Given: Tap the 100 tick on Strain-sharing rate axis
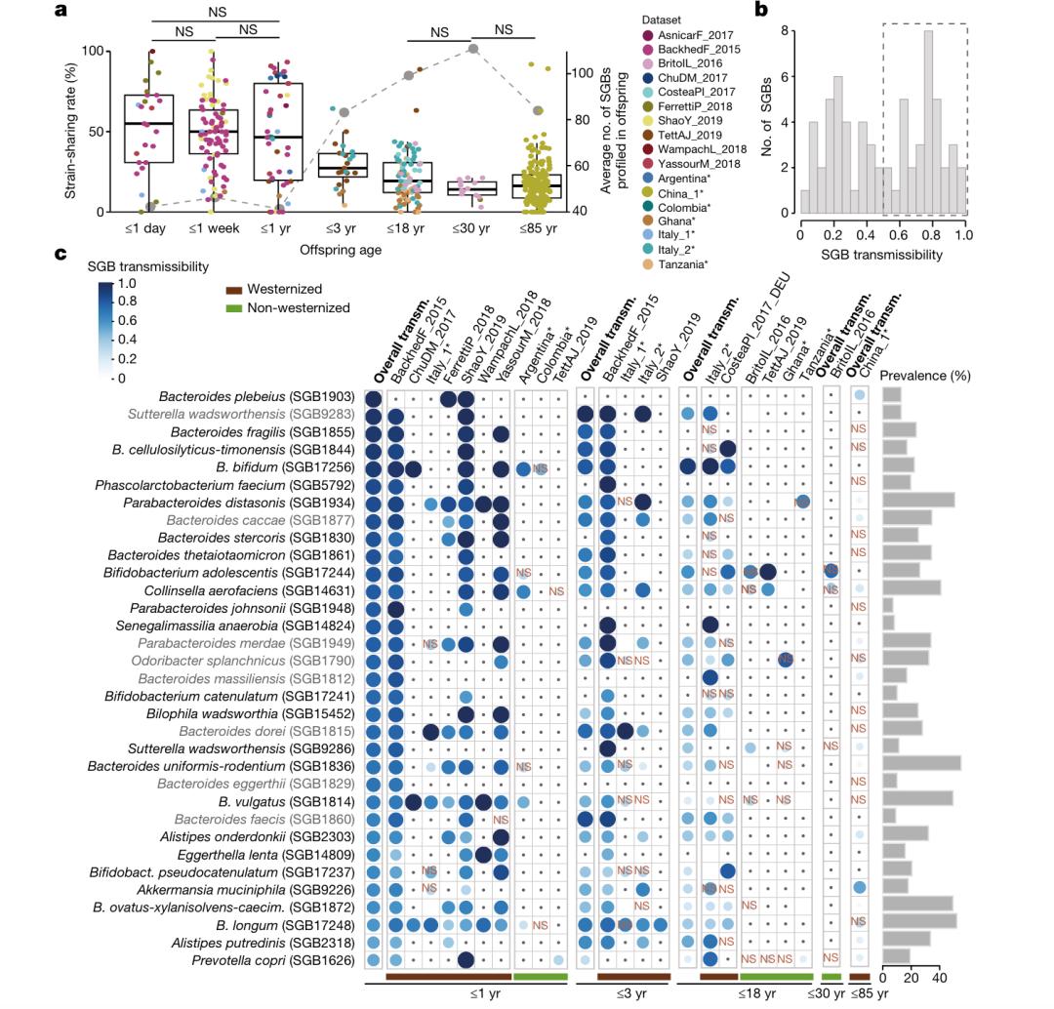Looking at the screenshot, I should coord(95,50).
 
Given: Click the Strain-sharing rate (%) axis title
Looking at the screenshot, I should coord(70,131).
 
